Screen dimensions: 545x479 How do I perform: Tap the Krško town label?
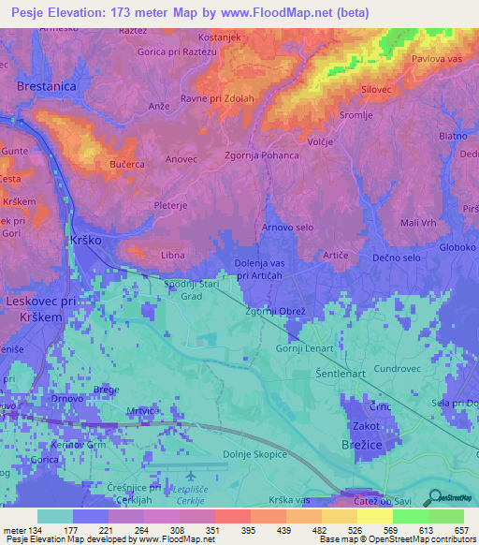[x=85, y=241]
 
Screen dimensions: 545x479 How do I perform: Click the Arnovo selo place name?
[x=287, y=228]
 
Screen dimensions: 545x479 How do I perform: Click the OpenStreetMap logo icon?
[x=432, y=497]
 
